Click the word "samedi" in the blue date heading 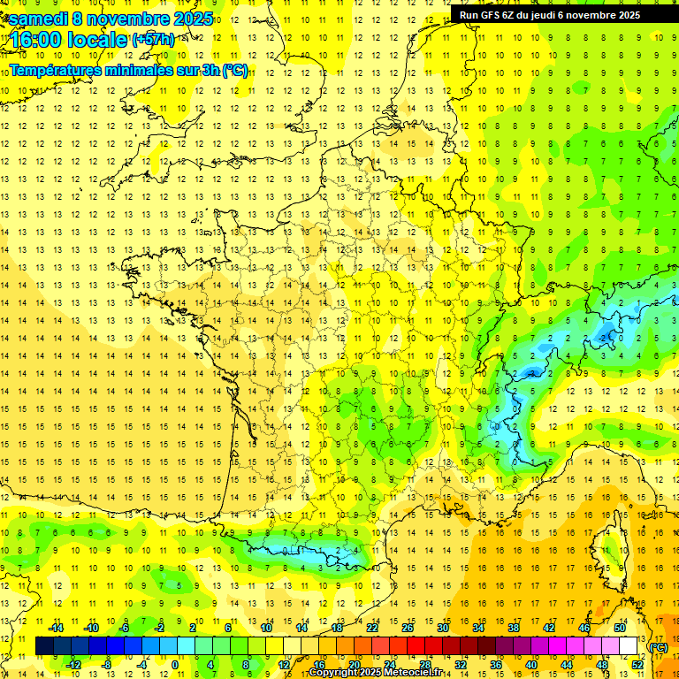coord(42,19)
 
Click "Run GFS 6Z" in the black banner coord(485,15)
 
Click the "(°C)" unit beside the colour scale coord(658,646)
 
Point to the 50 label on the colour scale coord(619,628)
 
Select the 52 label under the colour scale coord(637,665)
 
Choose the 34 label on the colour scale coord(478,628)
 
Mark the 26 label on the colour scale coord(408,628)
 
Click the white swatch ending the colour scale coord(628,646)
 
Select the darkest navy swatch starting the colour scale coord(44,646)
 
